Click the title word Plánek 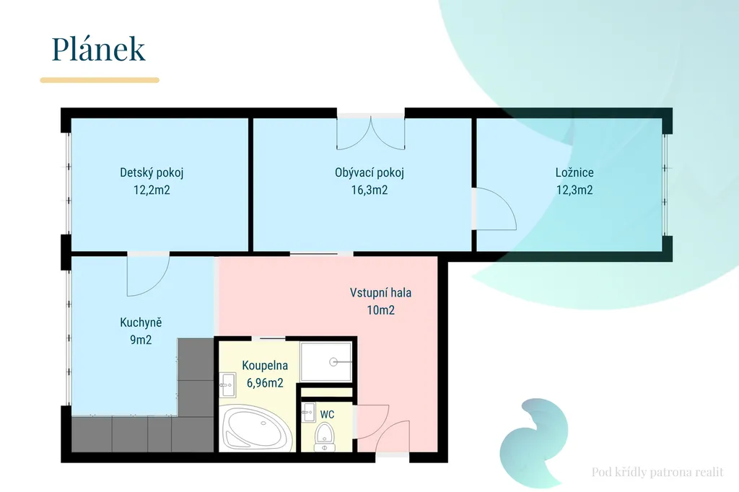pyautogui.click(x=98, y=48)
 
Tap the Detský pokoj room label pyautogui.click(x=152, y=172)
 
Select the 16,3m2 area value pyautogui.click(x=369, y=190)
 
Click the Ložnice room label pyautogui.click(x=574, y=172)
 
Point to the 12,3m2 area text pyautogui.click(x=574, y=190)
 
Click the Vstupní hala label pyautogui.click(x=381, y=293)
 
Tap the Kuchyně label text pyautogui.click(x=141, y=322)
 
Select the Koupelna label pyautogui.click(x=265, y=365)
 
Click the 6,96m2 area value pyautogui.click(x=265, y=382)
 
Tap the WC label pyautogui.click(x=327, y=414)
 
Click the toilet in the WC pyautogui.click(x=324, y=436)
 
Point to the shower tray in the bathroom pyautogui.click(x=326, y=362)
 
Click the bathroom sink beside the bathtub pyautogui.click(x=227, y=385)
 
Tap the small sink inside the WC pyautogui.click(x=308, y=413)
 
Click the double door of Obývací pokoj pyautogui.click(x=370, y=133)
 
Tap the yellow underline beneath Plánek pyautogui.click(x=100, y=80)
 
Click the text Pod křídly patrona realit pyautogui.click(x=657, y=472)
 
